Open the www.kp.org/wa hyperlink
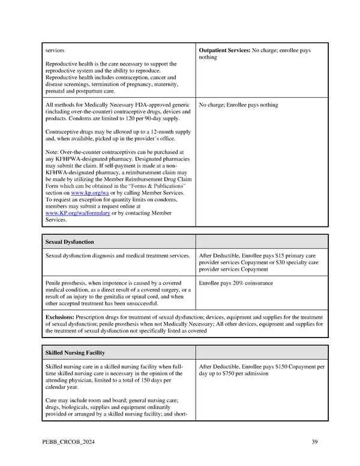88,193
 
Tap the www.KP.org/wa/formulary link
77,213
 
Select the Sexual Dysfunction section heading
70,241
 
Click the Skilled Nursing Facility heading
75,352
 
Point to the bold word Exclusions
63,317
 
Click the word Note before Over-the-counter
52,153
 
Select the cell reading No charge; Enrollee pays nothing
238,105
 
